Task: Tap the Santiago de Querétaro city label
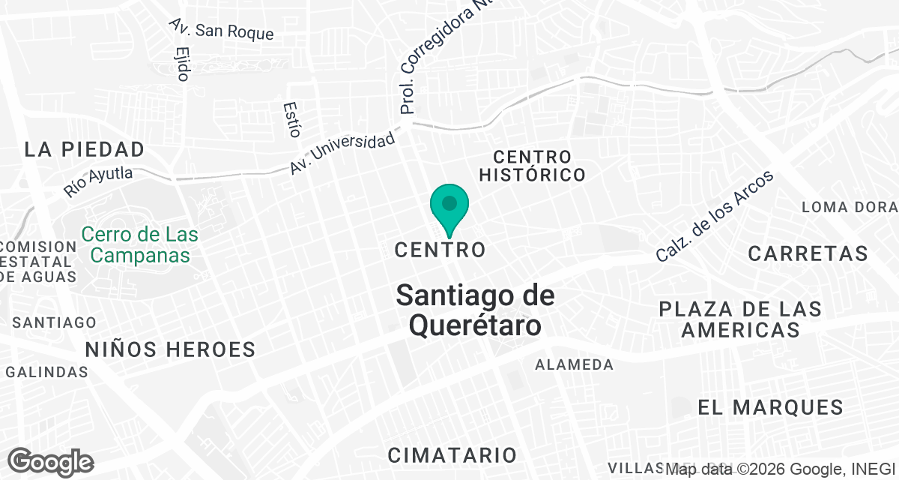(x=475, y=310)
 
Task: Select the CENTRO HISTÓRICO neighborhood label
(x=532, y=166)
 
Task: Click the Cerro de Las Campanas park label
(x=139, y=244)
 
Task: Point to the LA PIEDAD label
(x=84, y=148)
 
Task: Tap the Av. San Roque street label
(x=222, y=30)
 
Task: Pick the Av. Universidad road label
(x=342, y=154)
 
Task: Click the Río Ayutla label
(x=98, y=181)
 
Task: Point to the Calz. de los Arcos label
(x=714, y=216)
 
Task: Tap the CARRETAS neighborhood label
(x=808, y=253)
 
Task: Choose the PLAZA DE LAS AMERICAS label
(x=740, y=319)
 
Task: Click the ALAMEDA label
(x=574, y=365)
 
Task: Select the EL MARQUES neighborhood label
(x=771, y=407)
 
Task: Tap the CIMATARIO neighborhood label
(x=452, y=454)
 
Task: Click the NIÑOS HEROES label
(x=170, y=349)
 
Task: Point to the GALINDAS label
(x=47, y=372)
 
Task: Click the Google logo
(x=51, y=462)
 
